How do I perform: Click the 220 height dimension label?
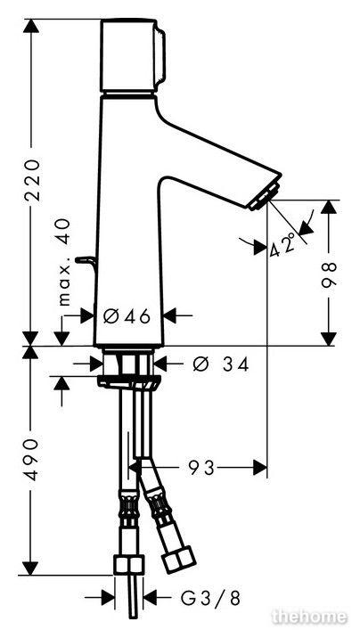(x=32, y=179)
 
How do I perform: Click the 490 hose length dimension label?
(x=31, y=459)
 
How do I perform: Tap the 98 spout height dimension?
(x=329, y=274)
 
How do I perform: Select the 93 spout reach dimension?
(x=201, y=468)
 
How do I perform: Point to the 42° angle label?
(x=282, y=244)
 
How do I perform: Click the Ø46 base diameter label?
(x=127, y=315)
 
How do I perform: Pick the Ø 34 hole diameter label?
(x=220, y=364)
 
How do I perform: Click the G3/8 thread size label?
(x=210, y=598)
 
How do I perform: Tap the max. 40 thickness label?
(x=63, y=262)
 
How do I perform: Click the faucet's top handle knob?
(x=133, y=56)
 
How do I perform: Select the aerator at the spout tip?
(x=265, y=197)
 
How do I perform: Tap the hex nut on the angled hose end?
(x=178, y=560)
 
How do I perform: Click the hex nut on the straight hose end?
(x=128, y=565)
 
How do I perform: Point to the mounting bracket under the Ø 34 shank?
(x=129, y=381)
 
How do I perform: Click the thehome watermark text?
(x=309, y=617)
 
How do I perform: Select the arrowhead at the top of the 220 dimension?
(x=31, y=26)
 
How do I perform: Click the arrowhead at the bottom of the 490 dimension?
(x=30, y=568)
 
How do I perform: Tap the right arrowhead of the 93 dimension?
(x=260, y=468)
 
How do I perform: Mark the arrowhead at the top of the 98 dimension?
(x=329, y=207)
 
